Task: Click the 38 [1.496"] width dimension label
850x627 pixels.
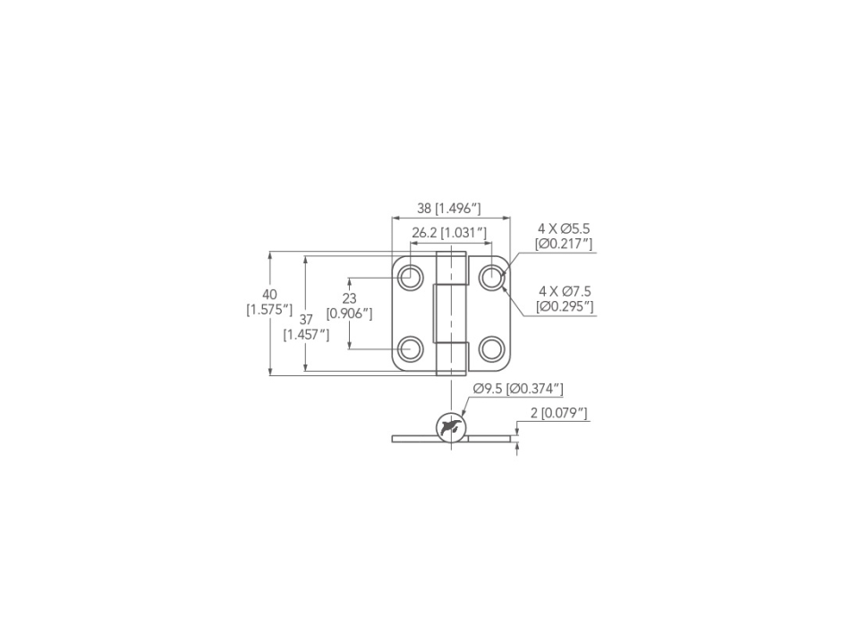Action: (448, 208)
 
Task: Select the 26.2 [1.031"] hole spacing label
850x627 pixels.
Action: (449, 233)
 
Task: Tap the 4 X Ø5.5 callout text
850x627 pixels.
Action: (564, 228)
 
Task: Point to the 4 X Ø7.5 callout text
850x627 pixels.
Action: (565, 291)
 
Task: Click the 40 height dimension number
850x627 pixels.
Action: (269, 295)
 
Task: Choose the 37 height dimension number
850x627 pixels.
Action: (306, 320)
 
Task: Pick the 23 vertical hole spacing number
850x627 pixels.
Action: (350, 298)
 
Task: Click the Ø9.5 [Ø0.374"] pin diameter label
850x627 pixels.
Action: (518, 389)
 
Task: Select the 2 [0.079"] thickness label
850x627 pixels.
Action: (559, 413)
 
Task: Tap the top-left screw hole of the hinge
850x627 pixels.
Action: (411, 278)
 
